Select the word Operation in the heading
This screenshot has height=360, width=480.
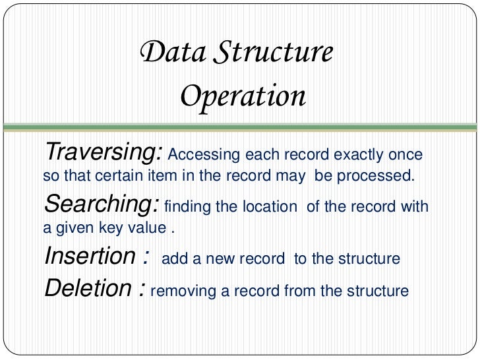point(243,97)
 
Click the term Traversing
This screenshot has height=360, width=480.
point(102,153)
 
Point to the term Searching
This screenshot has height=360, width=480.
point(101,205)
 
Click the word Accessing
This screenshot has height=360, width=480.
point(204,156)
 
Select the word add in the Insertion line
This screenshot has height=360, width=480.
point(173,258)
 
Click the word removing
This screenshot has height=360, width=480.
point(179,291)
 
